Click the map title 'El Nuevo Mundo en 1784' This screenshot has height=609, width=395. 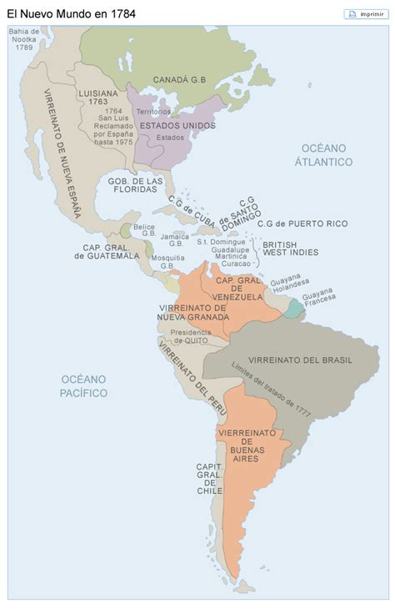click(x=72, y=14)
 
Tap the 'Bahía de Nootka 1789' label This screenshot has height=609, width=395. click(x=23, y=39)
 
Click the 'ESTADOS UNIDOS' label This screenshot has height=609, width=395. click(x=177, y=126)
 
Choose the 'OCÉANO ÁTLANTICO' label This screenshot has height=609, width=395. click(x=323, y=154)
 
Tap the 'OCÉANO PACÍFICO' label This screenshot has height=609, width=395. click(x=83, y=385)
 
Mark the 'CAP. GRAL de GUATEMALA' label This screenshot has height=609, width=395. click(x=111, y=251)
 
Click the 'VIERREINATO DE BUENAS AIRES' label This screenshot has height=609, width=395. click(x=241, y=445)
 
